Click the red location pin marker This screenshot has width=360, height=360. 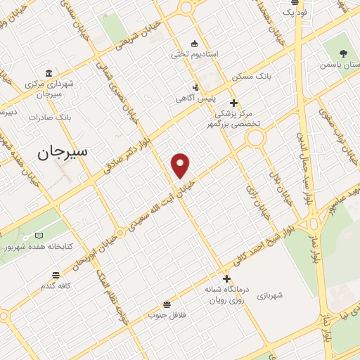coord(181,165)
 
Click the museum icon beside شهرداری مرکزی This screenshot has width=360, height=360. coord(48,73)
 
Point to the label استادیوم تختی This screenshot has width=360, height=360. coord(195,54)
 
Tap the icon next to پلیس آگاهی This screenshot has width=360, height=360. coord(196,88)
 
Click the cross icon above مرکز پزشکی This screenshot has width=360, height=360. coord(233,103)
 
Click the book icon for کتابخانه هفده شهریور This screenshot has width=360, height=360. coord(39,235)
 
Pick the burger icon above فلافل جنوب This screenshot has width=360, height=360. coord(167,304)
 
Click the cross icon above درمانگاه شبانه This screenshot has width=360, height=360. coord(226,278)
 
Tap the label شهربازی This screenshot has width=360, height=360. coord(269,295)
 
